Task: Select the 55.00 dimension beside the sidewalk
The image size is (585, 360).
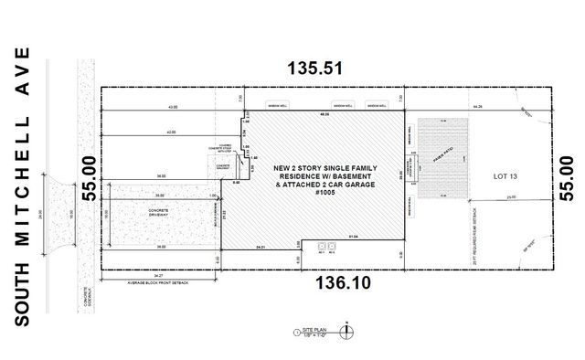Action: click(88, 176)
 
